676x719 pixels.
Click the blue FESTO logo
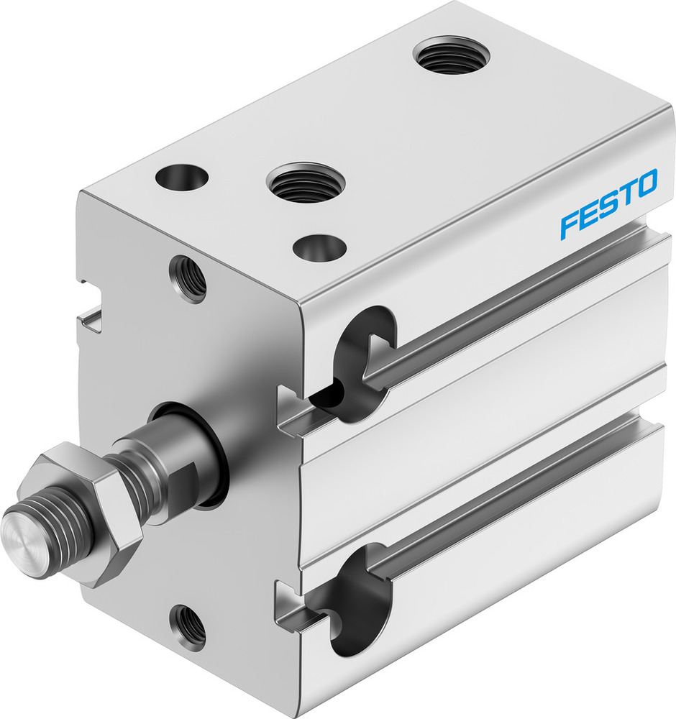608,203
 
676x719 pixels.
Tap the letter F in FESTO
570,224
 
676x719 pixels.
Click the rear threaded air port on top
451,56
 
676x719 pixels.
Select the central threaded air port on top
306,182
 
